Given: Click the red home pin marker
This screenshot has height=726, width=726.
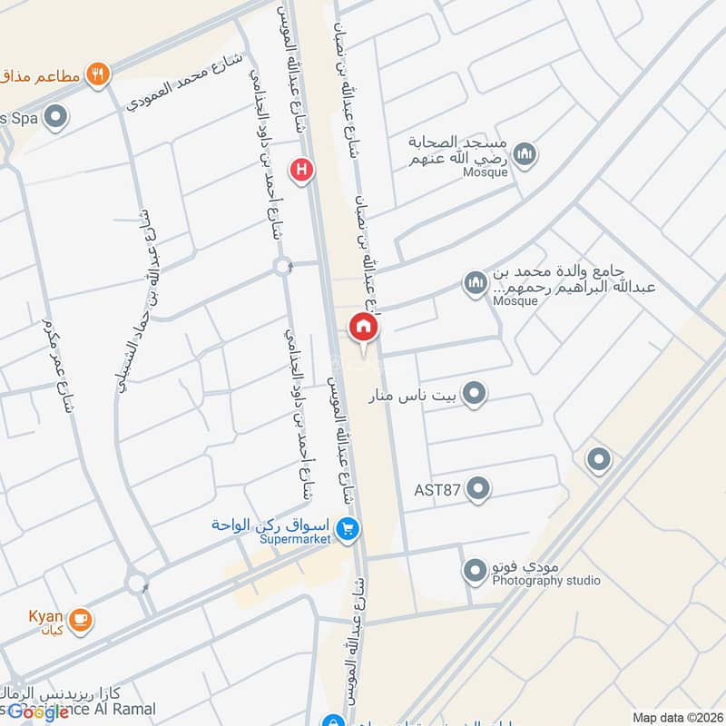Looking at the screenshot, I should (x=364, y=328).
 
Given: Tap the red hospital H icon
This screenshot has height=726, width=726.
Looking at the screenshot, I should (x=301, y=169).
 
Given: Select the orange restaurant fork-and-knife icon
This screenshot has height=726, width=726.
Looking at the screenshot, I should (x=99, y=74).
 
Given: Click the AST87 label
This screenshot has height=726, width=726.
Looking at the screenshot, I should (x=437, y=490).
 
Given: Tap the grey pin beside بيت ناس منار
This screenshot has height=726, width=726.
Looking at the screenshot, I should (x=474, y=394).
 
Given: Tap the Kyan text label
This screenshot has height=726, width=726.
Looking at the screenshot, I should (x=45, y=617).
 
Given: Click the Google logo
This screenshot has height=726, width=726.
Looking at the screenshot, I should (x=37, y=711).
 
